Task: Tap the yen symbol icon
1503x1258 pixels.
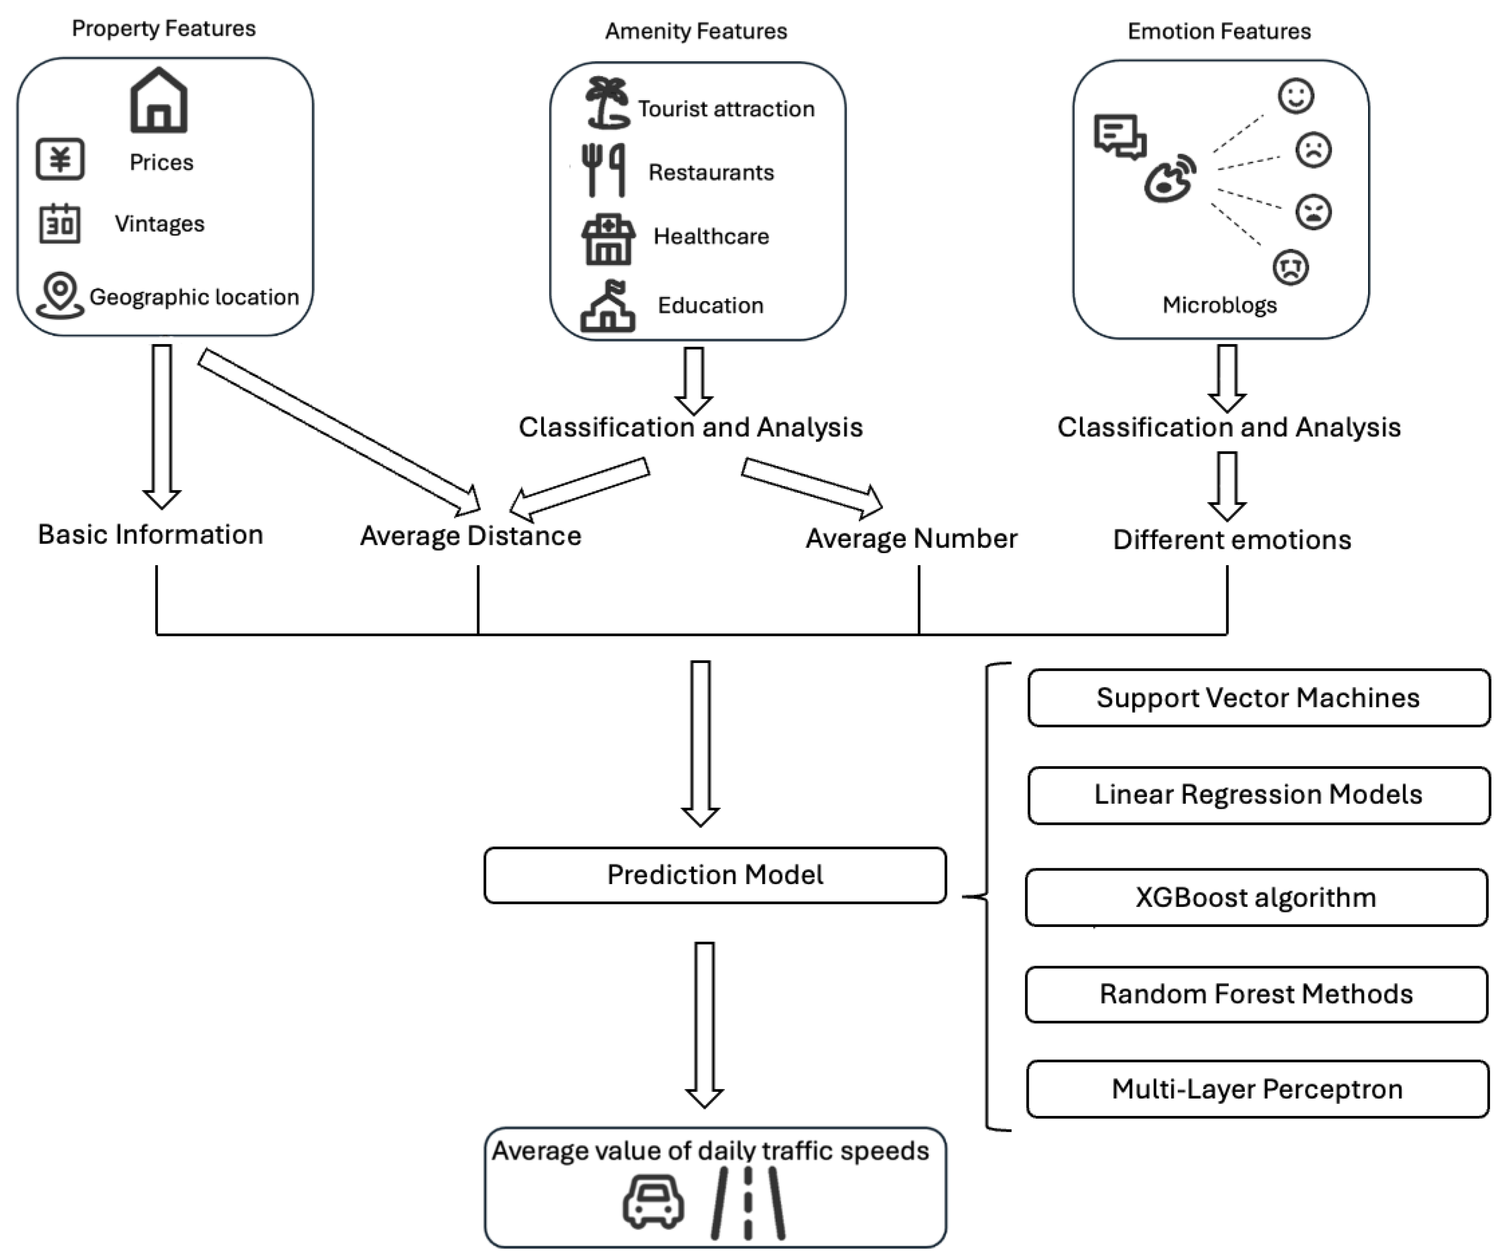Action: point(60,159)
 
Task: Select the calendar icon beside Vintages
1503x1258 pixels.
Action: point(59,224)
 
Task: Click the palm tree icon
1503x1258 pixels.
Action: point(607,103)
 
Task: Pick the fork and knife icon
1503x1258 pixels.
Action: point(603,170)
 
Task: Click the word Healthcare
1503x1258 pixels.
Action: point(711,236)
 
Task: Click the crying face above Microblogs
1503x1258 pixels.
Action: point(1290,267)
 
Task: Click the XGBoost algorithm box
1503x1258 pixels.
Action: point(1256,897)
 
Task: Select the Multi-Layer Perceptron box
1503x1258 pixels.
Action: point(1258,1089)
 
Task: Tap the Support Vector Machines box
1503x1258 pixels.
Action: point(1258,698)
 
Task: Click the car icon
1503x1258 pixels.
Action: point(653,1202)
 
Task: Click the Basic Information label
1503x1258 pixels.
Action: point(150,534)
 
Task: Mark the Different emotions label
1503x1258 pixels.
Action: point(1232,540)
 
